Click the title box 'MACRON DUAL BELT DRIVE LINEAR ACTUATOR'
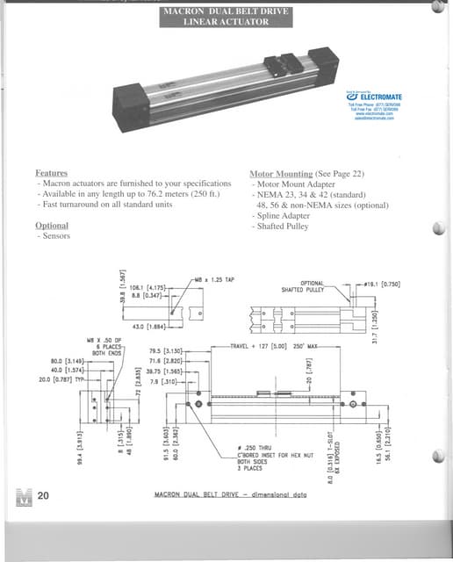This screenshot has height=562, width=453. click(226, 15)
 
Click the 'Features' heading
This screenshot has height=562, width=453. click(51, 174)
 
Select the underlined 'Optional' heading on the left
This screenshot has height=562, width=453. click(52, 226)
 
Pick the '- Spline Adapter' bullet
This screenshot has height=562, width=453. click(283, 215)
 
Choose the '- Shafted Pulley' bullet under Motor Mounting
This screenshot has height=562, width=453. click(283, 226)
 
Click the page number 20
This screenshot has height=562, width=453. click(42, 496)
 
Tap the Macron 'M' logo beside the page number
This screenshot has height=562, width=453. click(23, 496)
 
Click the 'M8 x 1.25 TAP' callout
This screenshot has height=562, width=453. click(217, 279)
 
